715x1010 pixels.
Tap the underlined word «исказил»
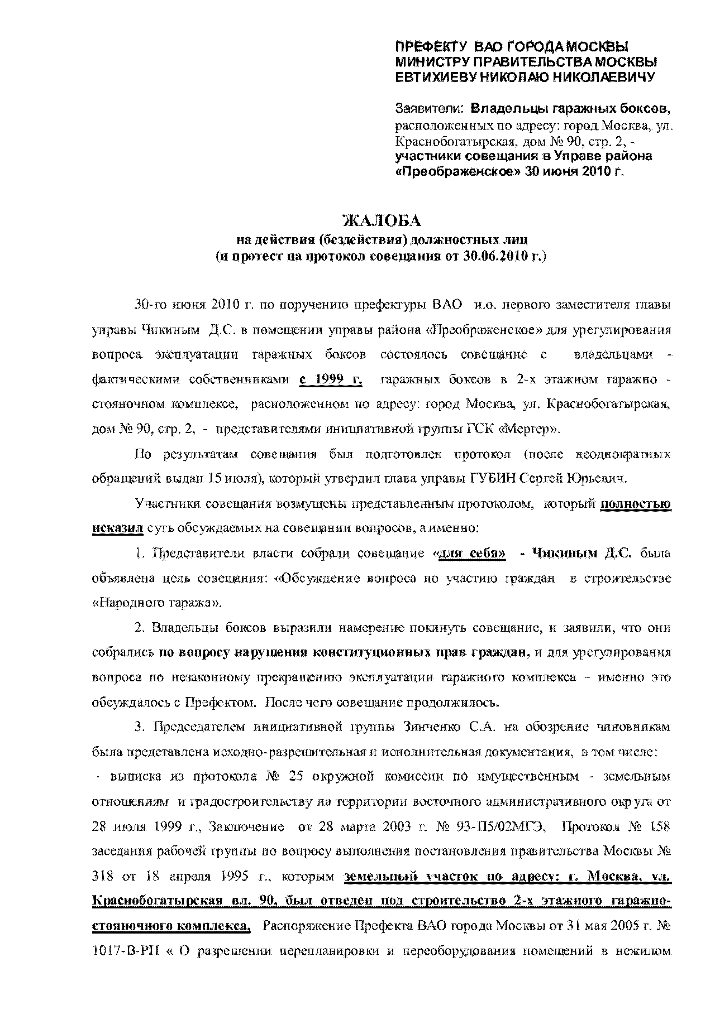[x=117, y=528]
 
